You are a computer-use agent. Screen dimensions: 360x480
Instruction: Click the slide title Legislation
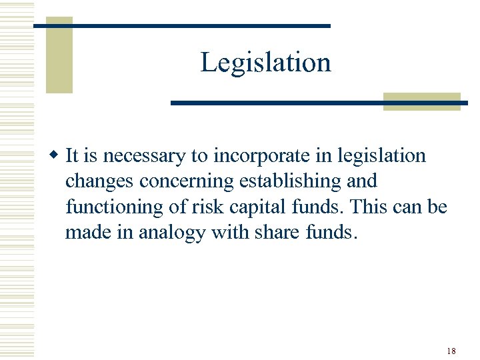tap(265, 63)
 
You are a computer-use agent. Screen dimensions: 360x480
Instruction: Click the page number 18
tap(451, 351)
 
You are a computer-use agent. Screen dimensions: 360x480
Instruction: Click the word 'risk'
tap(204, 207)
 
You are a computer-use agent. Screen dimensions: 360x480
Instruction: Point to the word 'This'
tap(371, 207)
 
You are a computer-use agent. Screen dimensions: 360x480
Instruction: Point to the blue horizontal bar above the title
tap(182, 25)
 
